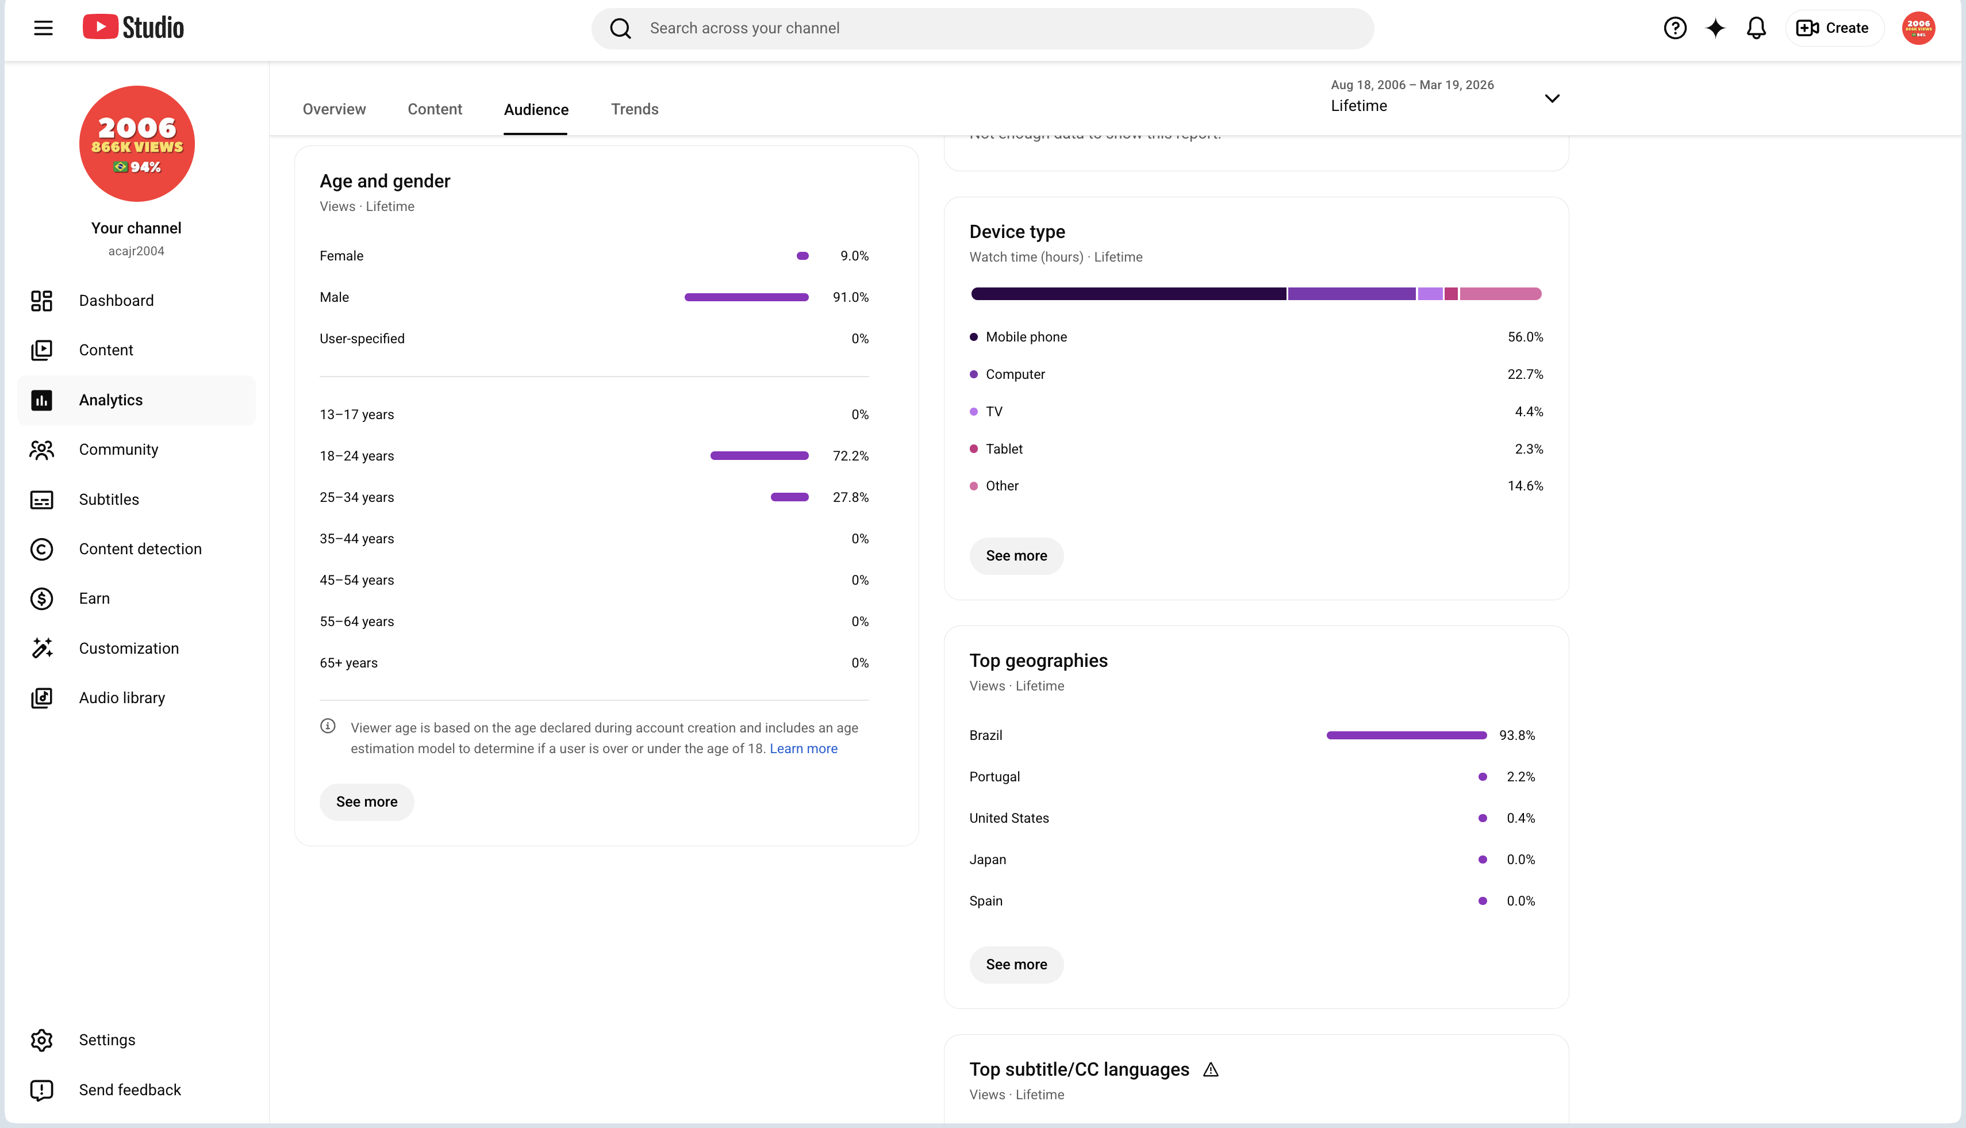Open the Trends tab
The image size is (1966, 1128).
tap(635, 109)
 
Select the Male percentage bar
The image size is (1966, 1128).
tap(746, 297)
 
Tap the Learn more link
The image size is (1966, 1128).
tap(803, 749)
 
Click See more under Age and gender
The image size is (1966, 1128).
tap(366, 802)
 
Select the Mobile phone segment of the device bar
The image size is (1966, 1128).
tap(1128, 294)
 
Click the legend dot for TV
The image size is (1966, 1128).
tap(974, 412)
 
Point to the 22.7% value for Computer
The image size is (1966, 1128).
tap(1525, 375)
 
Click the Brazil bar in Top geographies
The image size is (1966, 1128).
tap(1406, 736)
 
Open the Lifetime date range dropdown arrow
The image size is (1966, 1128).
tap(1552, 98)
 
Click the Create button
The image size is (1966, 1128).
tap(1833, 29)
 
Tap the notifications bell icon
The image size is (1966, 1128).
tap(1756, 29)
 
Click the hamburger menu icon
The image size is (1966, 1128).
tap(43, 29)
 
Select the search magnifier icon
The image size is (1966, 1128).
tap(620, 29)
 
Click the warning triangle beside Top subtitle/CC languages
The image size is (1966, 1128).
tap(1211, 1070)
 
